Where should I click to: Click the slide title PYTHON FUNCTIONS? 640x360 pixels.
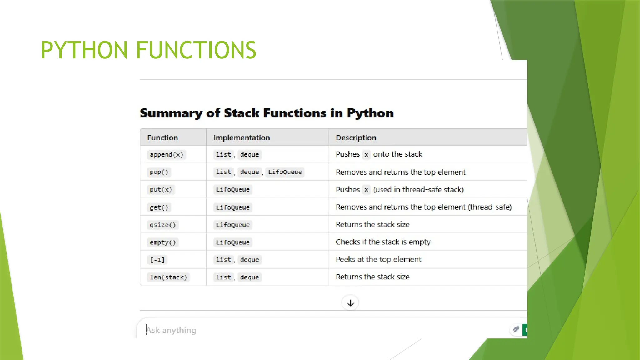click(x=148, y=50)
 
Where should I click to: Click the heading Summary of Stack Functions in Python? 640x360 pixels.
click(x=267, y=113)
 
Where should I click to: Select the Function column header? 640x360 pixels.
click(x=162, y=137)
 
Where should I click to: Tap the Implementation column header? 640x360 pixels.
click(x=242, y=137)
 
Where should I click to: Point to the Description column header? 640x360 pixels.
click(x=356, y=137)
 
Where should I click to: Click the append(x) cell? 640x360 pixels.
click(x=167, y=154)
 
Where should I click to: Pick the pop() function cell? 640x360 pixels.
click(x=159, y=172)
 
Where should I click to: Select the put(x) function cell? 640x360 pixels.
click(x=161, y=189)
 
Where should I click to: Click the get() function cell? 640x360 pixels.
click(x=159, y=207)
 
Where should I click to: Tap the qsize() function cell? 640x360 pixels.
click(x=163, y=225)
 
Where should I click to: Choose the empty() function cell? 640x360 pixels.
click(x=163, y=242)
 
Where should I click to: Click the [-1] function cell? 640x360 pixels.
click(x=157, y=260)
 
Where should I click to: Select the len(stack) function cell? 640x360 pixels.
click(x=168, y=277)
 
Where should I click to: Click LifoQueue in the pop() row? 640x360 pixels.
click(x=285, y=172)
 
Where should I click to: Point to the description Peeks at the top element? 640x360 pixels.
click(x=378, y=259)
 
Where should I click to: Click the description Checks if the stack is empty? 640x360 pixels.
click(x=383, y=242)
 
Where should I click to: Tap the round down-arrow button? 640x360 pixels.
click(x=350, y=303)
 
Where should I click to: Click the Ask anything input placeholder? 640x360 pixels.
click(x=171, y=330)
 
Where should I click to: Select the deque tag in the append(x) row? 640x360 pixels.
click(x=249, y=154)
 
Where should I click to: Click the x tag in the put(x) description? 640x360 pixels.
click(x=366, y=189)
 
